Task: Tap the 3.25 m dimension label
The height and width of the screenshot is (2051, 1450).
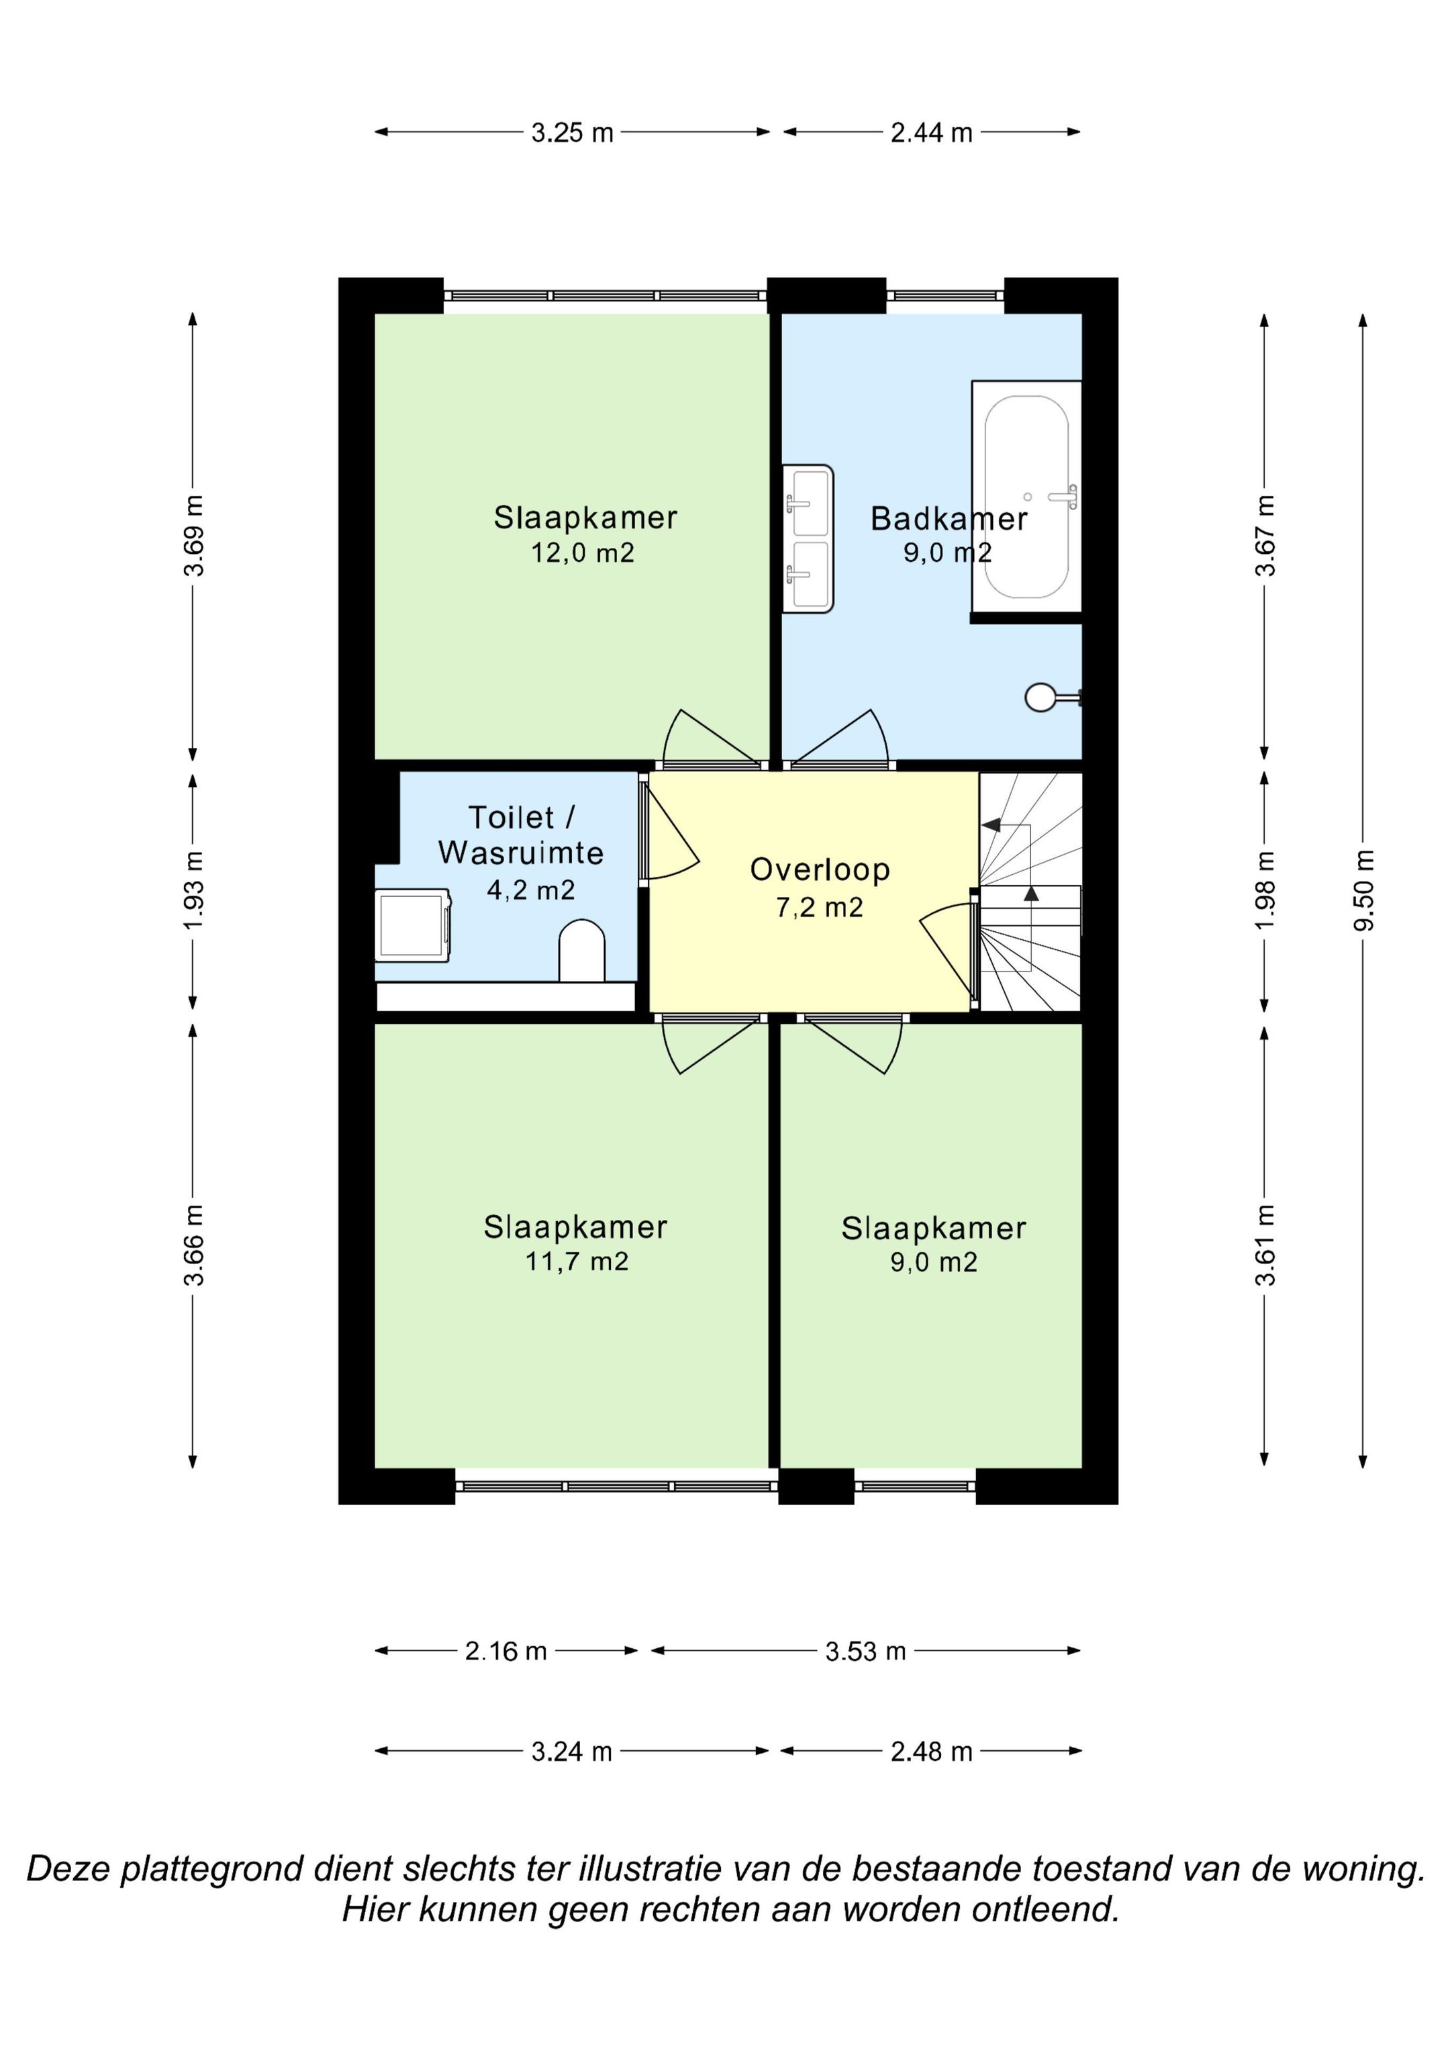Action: coord(573,133)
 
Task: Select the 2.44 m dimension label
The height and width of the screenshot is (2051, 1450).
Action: coord(932,133)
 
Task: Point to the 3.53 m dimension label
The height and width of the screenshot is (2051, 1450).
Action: coord(866,1652)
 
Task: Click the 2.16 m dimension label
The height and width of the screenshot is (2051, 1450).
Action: coord(505,1652)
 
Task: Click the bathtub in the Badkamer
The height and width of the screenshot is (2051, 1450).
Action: coord(1026,497)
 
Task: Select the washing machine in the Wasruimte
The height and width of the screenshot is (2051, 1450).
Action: coord(413,924)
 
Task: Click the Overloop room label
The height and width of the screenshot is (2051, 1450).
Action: coord(820,869)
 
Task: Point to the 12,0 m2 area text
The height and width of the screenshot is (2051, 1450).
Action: coord(583,553)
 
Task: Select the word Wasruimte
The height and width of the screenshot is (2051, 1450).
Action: coord(521,853)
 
